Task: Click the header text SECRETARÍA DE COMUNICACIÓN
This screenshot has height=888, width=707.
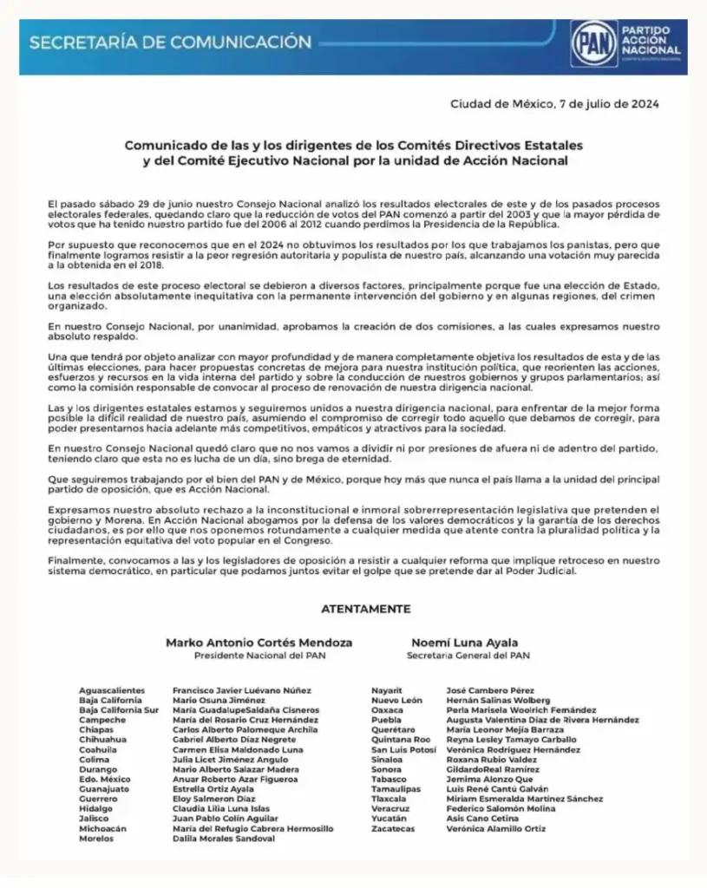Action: pyautogui.click(x=170, y=42)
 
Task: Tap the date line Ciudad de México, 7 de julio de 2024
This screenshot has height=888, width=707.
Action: pyautogui.click(x=554, y=104)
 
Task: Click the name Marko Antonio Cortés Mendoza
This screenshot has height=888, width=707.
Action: pyautogui.click(x=259, y=643)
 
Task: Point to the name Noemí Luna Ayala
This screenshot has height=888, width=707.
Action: pyautogui.click(x=461, y=643)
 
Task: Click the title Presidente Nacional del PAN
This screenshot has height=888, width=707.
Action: pyautogui.click(x=259, y=656)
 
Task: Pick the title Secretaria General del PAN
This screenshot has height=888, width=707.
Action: pyautogui.click(x=461, y=656)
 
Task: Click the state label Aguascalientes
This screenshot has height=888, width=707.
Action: pyautogui.click(x=114, y=689)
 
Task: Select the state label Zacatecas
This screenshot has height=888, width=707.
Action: pyautogui.click(x=393, y=828)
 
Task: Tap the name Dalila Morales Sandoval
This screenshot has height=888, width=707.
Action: pyautogui.click(x=224, y=839)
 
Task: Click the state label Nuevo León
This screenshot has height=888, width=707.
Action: pyautogui.click(x=396, y=700)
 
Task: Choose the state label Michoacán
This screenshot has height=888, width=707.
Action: pyautogui.click(x=102, y=828)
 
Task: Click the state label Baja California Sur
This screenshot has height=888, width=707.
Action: pyautogui.click(x=119, y=709)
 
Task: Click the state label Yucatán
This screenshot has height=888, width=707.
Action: pyautogui.click(x=390, y=819)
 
